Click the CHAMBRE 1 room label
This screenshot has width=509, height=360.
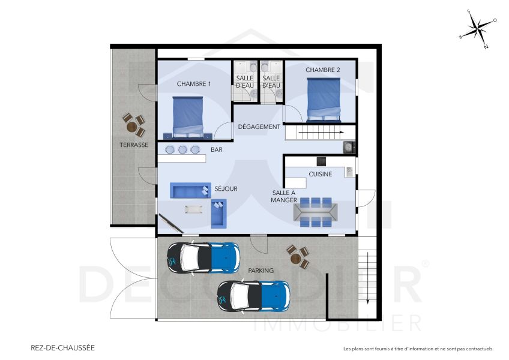pyautogui.click(x=193, y=84)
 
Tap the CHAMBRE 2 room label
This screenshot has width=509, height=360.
pyautogui.click(x=323, y=70)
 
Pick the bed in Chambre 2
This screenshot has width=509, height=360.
pyautogui.click(x=324, y=99)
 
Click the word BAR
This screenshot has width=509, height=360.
pyautogui.click(x=216, y=149)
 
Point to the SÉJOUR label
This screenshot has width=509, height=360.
pyautogui.click(x=226, y=189)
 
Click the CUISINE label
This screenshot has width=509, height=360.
pyautogui.click(x=321, y=174)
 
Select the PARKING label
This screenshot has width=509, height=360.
pyautogui.click(x=261, y=271)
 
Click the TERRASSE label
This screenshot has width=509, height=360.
pyautogui.click(x=133, y=145)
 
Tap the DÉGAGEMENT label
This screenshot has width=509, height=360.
pyautogui.click(x=259, y=127)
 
